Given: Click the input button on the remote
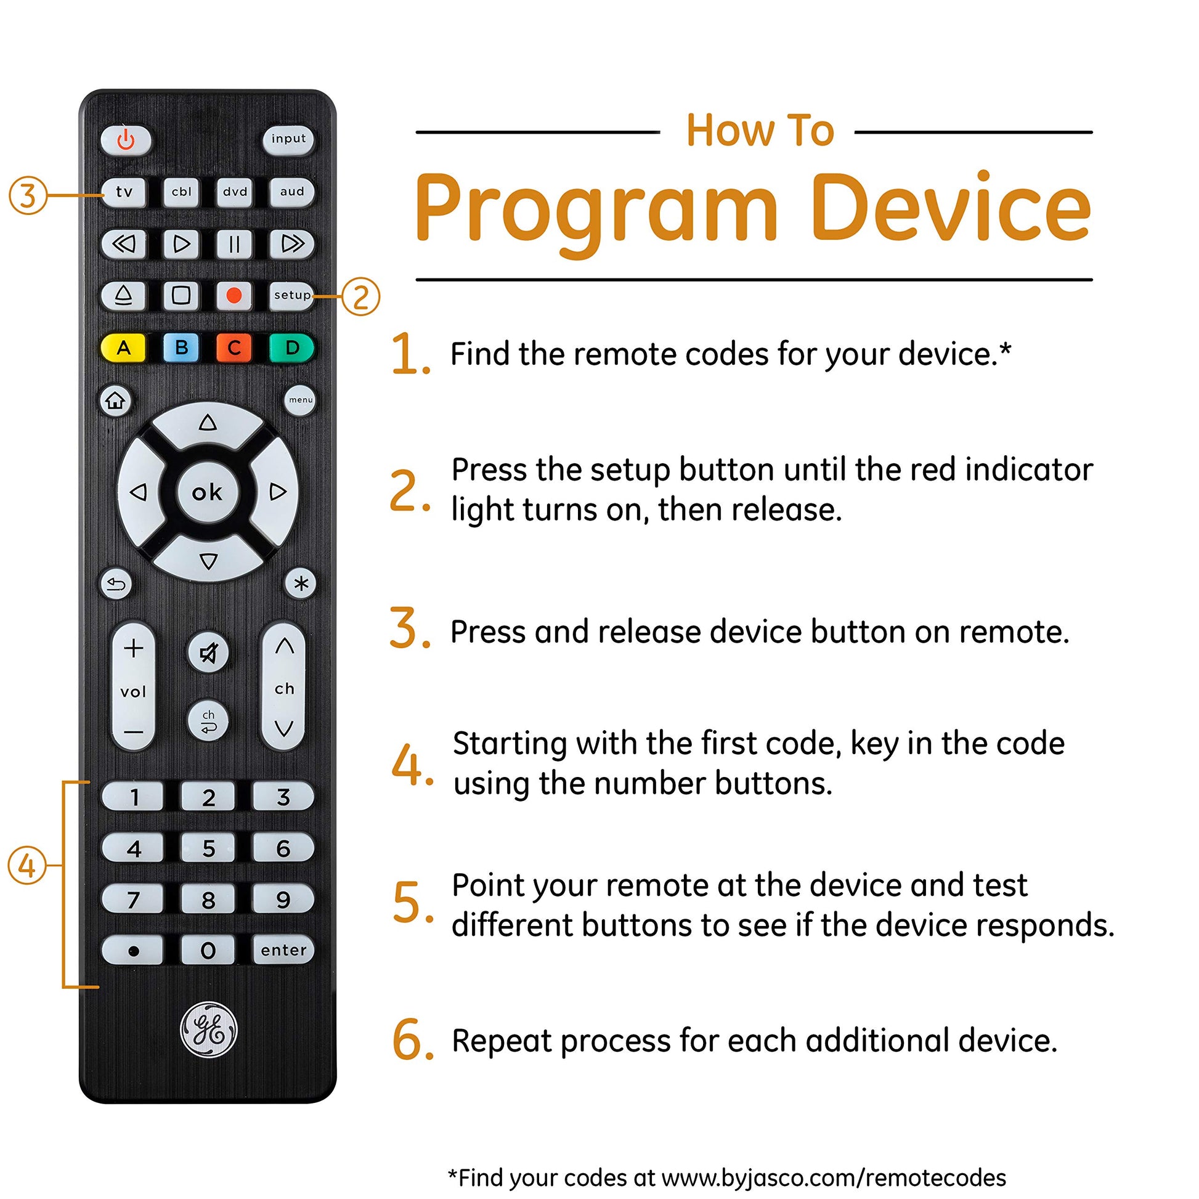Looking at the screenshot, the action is point(288,139).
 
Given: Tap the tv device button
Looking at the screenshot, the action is point(124,192).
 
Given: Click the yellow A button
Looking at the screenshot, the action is point(123,348).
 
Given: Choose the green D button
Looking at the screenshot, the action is point(291,348).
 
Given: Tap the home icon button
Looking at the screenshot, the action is point(115,401).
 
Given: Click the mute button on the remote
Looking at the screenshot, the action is point(208,653).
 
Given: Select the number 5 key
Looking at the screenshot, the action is point(208,848).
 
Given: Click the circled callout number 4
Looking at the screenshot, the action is point(27,866).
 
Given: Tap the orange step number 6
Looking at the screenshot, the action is point(410,1040).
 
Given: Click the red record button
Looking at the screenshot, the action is point(234,295).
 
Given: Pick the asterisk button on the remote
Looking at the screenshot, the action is point(301,584).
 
